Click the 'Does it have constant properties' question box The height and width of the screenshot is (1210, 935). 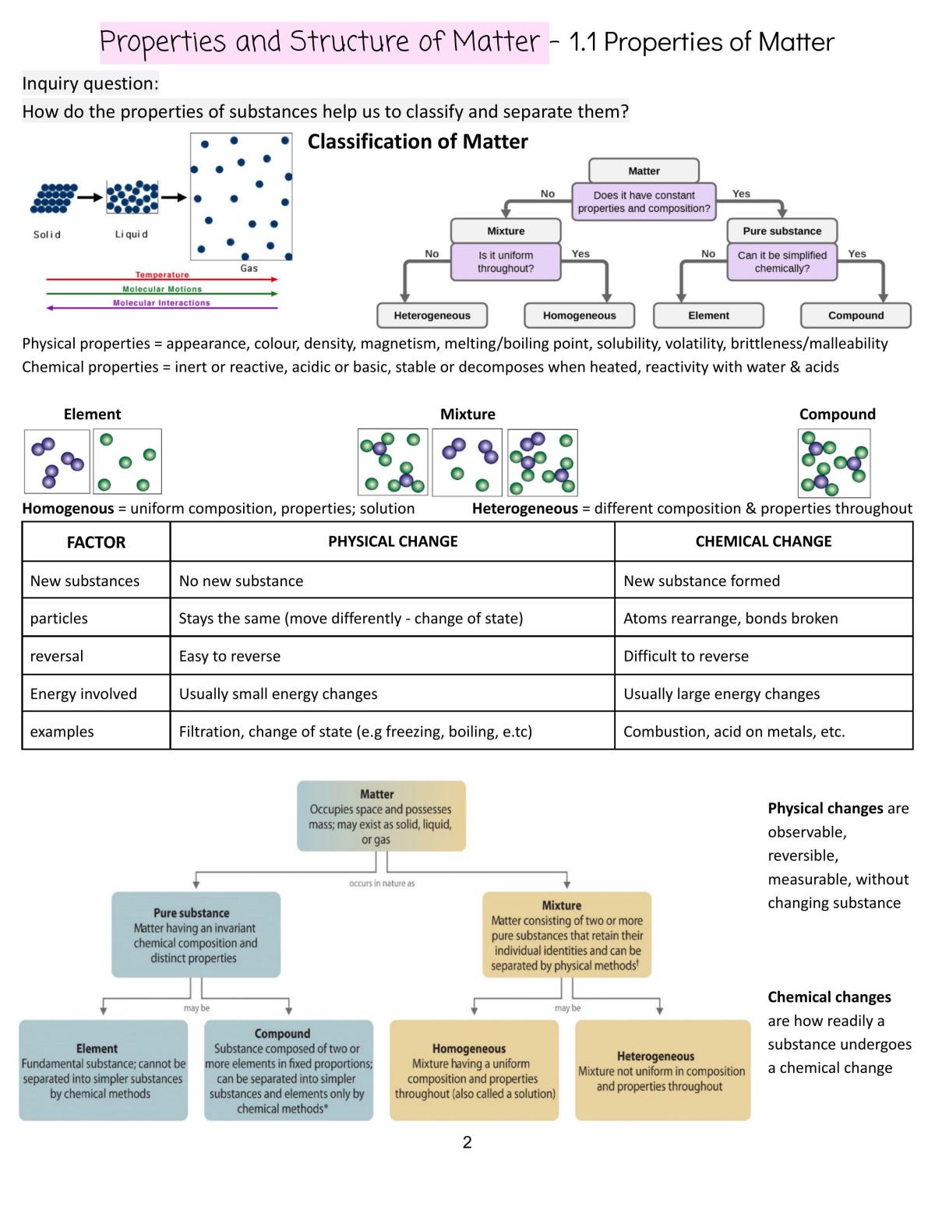[x=644, y=202]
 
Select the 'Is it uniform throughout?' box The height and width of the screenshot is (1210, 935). [x=505, y=262]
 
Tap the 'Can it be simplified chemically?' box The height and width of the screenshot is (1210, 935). [x=782, y=262]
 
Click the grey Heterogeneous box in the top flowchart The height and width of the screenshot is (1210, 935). [x=432, y=316]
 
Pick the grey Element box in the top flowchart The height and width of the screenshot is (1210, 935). [x=708, y=316]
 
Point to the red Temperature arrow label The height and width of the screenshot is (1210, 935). [x=162, y=274]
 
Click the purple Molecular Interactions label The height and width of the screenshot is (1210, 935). [x=161, y=302]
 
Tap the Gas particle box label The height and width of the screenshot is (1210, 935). [x=249, y=268]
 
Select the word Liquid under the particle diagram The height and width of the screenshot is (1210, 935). [x=132, y=234]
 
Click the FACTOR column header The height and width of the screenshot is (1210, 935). [x=96, y=542]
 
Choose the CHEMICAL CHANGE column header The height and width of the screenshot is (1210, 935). [x=763, y=542]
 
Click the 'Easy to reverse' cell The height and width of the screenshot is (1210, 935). [x=229, y=656]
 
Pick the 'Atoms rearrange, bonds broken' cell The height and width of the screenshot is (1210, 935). [x=730, y=618]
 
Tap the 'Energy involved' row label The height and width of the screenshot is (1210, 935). [x=83, y=693]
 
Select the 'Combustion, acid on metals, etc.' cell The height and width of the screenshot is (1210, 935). [x=734, y=731]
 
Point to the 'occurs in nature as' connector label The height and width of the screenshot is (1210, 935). [x=382, y=883]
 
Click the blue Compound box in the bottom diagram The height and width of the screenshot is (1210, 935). [x=288, y=1070]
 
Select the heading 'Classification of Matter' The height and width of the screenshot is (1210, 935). [x=418, y=142]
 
